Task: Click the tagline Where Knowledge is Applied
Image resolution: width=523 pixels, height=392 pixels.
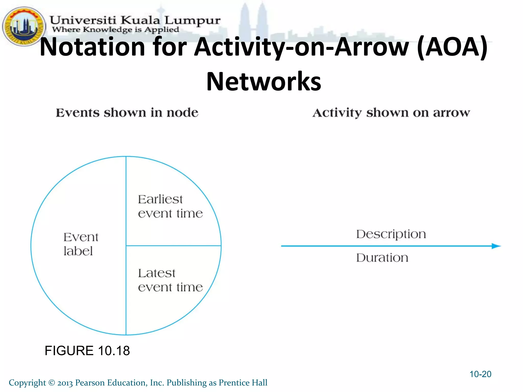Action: [115, 30]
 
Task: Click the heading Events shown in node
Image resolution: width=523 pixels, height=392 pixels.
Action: [127, 113]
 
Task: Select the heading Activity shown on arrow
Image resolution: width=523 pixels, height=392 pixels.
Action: [391, 113]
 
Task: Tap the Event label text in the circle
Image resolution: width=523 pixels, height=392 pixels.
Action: [80, 244]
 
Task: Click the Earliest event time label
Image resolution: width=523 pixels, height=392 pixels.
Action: [170, 206]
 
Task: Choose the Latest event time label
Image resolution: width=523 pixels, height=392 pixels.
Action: [170, 280]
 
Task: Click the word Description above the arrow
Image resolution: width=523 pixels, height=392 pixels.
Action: [391, 234]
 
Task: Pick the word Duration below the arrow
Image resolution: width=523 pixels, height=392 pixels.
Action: [382, 258]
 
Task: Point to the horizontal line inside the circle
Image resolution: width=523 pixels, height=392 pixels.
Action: [174, 246]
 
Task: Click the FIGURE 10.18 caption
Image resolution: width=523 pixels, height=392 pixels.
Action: [87, 351]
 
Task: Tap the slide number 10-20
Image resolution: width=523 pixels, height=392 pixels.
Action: [480, 374]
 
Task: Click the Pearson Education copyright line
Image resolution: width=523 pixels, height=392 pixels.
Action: [138, 383]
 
